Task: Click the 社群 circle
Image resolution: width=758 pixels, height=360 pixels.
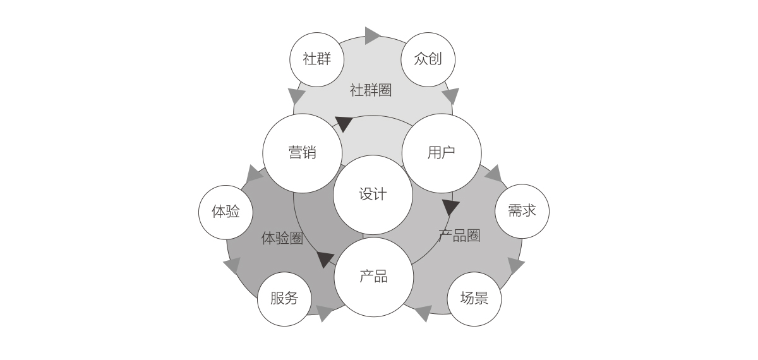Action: [316, 59]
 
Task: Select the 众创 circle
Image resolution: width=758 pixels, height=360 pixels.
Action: [428, 59]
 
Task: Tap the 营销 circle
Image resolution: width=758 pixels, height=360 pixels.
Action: [302, 153]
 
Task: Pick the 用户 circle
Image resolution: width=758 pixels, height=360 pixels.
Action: [441, 153]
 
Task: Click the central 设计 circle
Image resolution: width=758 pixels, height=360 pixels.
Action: [373, 195]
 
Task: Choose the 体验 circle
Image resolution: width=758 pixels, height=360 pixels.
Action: [226, 212]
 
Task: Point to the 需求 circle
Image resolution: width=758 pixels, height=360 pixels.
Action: [522, 211]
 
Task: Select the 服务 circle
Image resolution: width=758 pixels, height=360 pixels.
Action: [284, 299]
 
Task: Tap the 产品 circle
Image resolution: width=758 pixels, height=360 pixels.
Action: [373, 277]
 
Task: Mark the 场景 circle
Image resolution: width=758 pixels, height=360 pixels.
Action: [474, 299]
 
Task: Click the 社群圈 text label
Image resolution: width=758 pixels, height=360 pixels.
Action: [371, 90]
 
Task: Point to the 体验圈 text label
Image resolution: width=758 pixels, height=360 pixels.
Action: [282, 238]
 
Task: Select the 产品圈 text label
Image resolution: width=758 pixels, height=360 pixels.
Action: [459, 236]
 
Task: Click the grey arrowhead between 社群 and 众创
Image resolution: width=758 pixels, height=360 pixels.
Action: [372, 35]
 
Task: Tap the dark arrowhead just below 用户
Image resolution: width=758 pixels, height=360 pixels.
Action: [450, 207]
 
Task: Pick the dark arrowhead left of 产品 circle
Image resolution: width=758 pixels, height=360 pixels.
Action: [325, 259]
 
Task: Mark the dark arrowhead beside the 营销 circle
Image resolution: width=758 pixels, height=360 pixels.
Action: [343, 123]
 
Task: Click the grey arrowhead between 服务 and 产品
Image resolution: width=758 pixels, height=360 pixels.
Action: [325, 313]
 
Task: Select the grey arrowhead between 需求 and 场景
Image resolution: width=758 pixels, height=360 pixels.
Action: [515, 265]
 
